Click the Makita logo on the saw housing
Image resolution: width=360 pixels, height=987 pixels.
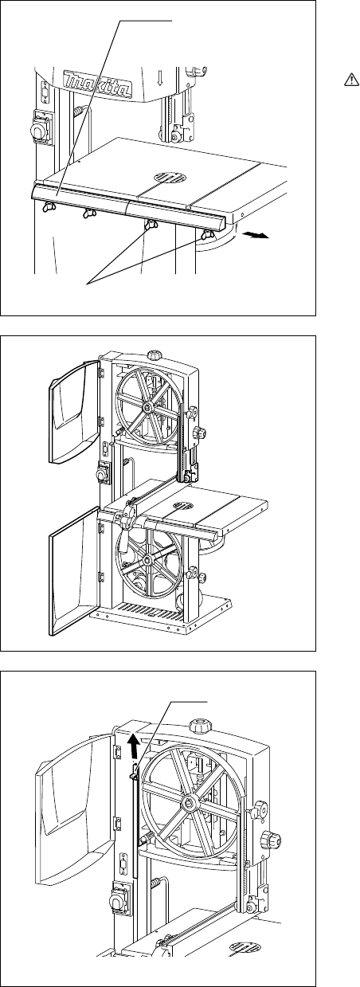[x=97, y=84]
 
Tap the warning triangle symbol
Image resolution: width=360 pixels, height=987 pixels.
[x=351, y=80]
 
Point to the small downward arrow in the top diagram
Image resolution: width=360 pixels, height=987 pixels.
[x=159, y=77]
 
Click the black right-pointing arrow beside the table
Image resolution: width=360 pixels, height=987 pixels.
[x=256, y=236]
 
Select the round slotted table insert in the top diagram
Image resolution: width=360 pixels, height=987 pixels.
[x=170, y=177]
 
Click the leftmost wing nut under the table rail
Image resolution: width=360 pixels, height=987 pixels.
[x=47, y=208]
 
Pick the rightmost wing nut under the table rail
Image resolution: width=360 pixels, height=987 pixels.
[x=206, y=236]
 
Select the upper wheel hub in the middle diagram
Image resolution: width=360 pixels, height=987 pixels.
[x=147, y=409]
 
